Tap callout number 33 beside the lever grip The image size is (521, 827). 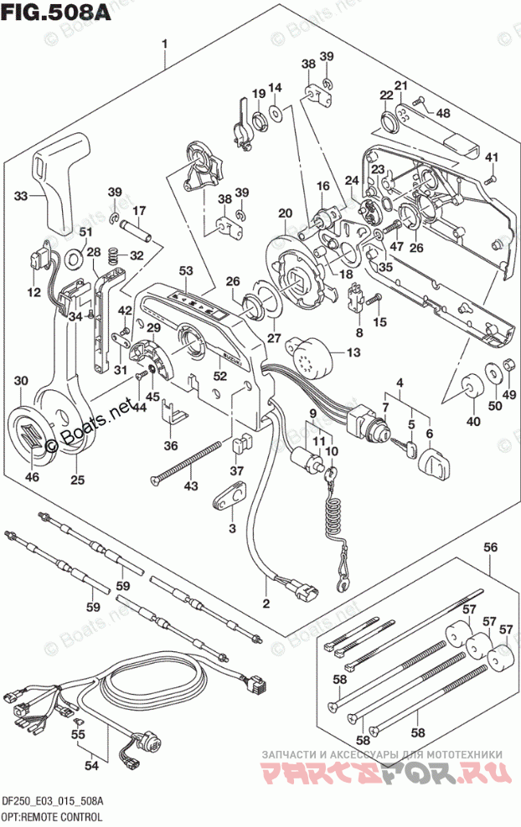tap(22, 196)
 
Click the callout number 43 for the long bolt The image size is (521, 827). tap(192, 486)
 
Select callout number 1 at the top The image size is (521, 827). tap(166, 44)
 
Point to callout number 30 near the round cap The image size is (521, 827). tap(22, 381)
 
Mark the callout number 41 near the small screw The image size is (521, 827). tap(492, 158)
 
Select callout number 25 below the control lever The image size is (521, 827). tap(77, 480)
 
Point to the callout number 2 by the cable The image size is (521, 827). tap(267, 604)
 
